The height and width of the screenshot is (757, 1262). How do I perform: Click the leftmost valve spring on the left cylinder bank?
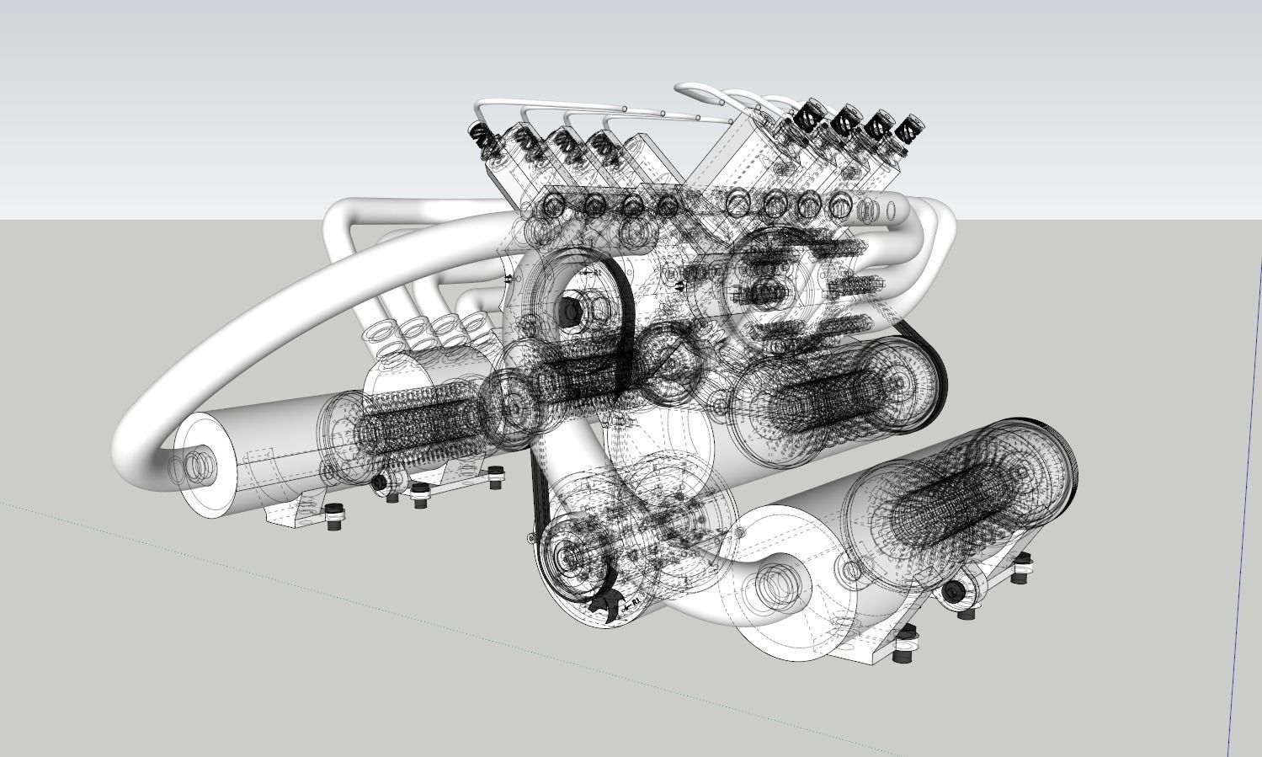pos(477,136)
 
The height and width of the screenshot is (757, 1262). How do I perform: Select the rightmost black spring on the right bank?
pos(909,131)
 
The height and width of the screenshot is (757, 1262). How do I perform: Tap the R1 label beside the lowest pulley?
pos(632,600)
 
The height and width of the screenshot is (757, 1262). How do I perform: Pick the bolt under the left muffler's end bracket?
pos(335,515)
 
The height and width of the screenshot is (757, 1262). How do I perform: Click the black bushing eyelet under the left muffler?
pos(380,482)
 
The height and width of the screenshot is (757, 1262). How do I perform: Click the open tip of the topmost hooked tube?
pos(680,88)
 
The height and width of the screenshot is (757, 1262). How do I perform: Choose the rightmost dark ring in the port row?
pos(839,205)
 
